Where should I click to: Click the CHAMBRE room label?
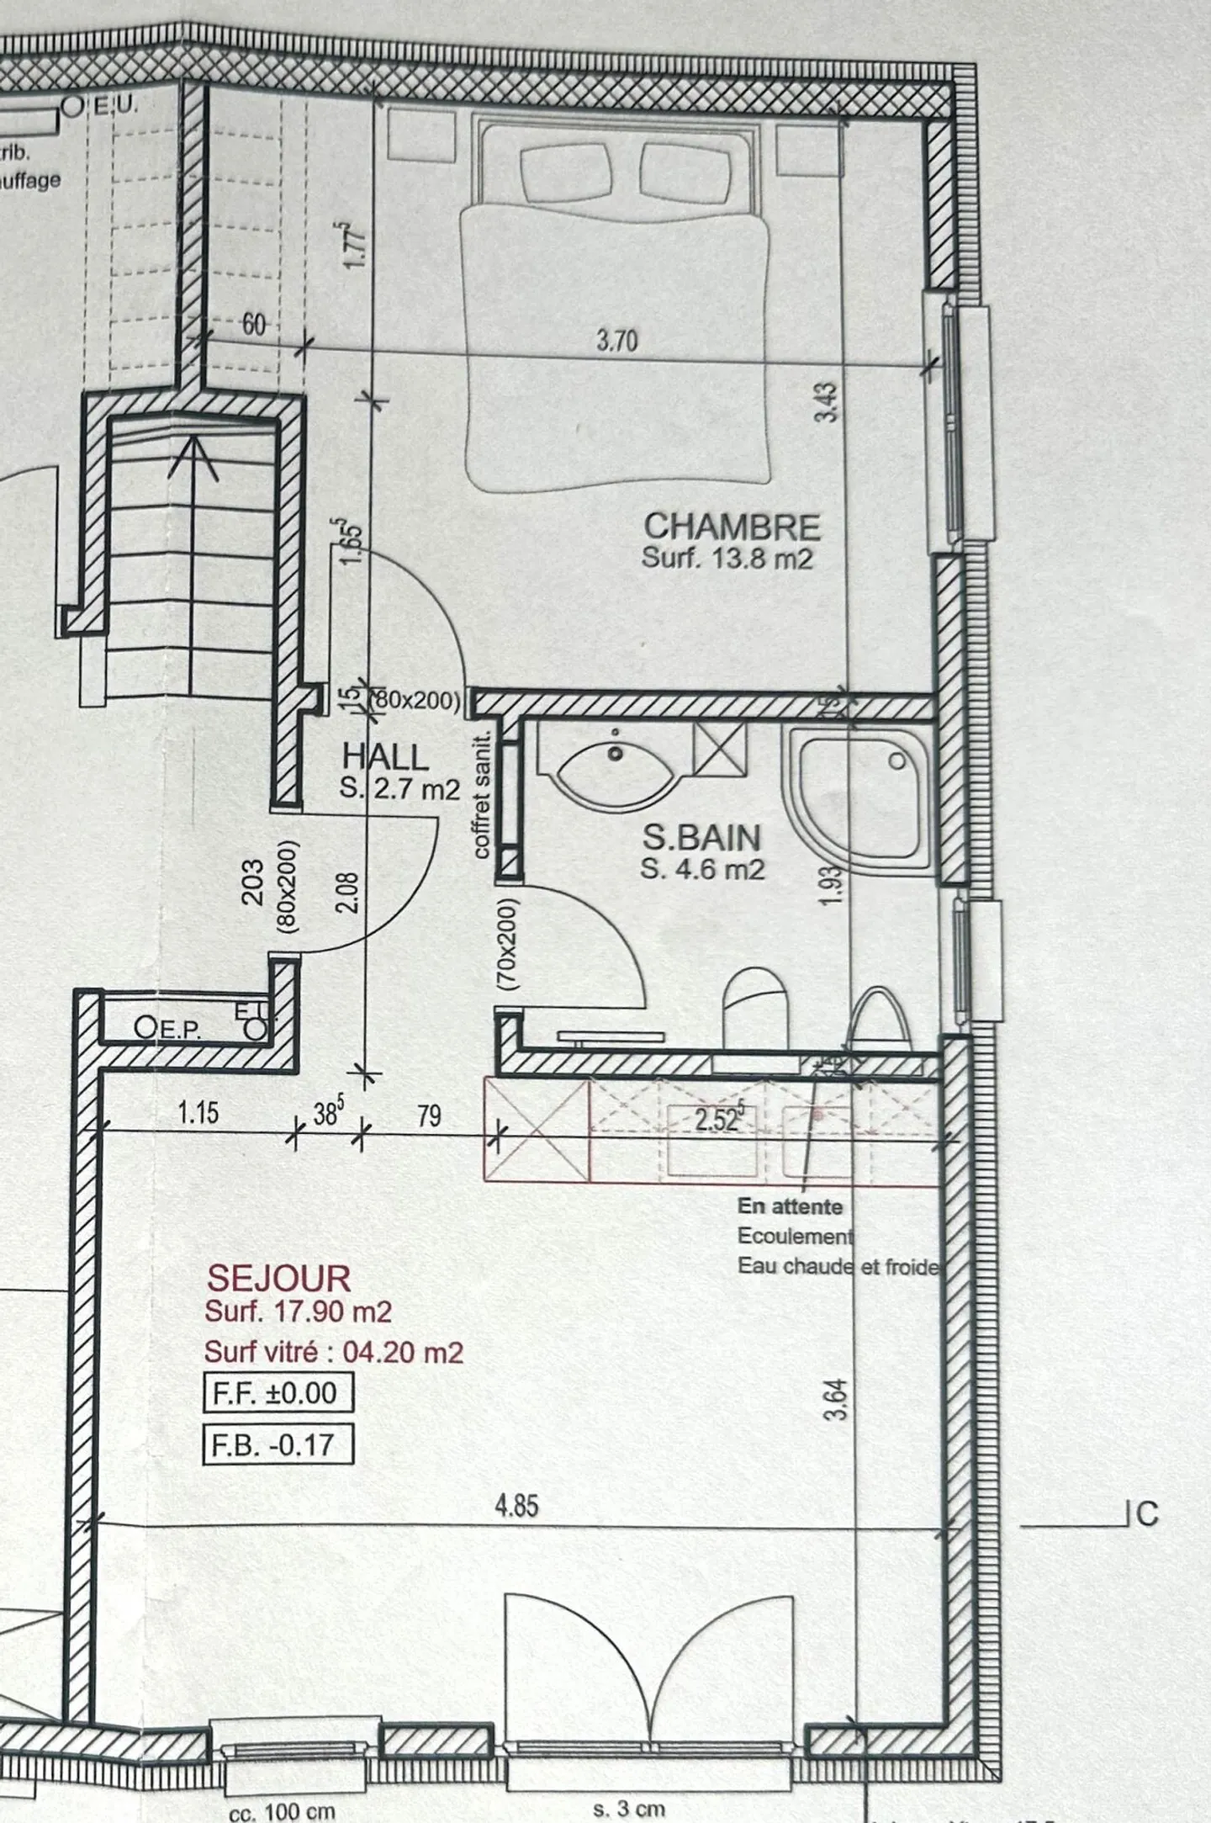[x=732, y=527]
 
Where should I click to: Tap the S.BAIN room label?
[x=701, y=838]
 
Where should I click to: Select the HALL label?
[x=386, y=757]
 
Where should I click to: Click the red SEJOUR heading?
[x=278, y=1279]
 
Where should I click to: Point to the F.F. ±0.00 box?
[x=278, y=1392]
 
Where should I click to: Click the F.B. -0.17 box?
[x=278, y=1444]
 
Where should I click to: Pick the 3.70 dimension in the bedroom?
[x=617, y=341]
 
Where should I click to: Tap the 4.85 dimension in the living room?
[x=516, y=1505]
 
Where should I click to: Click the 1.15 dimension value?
[x=198, y=1113]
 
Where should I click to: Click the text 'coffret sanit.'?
[x=481, y=795]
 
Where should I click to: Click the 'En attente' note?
[x=790, y=1206]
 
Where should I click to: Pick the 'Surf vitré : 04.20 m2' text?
[x=334, y=1352]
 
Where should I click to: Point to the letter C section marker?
[x=1147, y=1513]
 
